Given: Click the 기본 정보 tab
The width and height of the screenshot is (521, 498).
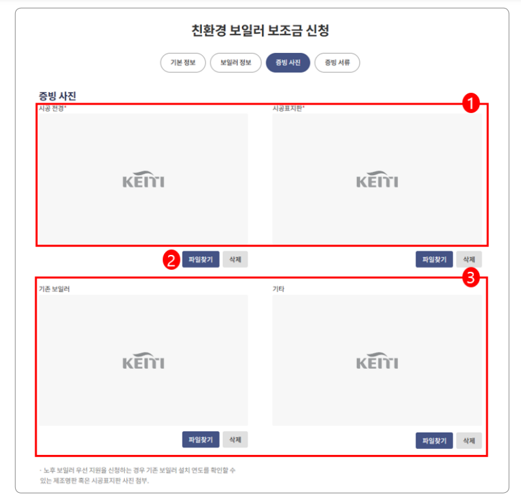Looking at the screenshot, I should pos(183,63).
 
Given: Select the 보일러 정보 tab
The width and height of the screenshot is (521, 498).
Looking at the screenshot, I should pos(235,63).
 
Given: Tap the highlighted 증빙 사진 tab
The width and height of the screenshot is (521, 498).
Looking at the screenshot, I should pos(288,63).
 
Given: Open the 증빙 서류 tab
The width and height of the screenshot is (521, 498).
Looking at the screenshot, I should pos(337,63).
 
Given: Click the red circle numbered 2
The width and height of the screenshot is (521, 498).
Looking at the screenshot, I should pos(171,259).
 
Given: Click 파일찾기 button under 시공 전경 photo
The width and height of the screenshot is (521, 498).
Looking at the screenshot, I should pos(201,259).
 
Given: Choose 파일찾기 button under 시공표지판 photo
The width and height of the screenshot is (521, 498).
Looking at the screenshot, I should pos(434,259).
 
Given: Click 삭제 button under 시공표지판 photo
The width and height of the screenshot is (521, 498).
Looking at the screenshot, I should pos(469,259).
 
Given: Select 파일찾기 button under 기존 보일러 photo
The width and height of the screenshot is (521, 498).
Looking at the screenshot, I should pos(201,440).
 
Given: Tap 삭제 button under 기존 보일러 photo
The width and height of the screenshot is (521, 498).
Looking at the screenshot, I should pos(235,440).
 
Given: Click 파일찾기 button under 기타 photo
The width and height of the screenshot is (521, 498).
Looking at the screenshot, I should pos(434,440).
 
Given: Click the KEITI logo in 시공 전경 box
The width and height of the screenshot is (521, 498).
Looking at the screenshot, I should pos(143,180).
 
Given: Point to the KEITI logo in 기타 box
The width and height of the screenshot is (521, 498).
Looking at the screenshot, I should pos(377,361).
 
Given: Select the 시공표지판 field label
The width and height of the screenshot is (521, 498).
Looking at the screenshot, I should pos(288,108).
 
